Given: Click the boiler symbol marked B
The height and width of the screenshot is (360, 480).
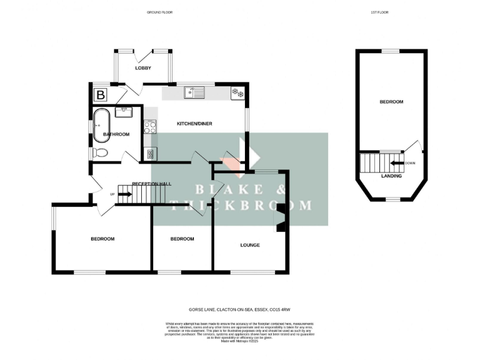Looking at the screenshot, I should tap(100, 95).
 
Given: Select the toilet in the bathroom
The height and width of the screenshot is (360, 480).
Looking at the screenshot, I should tap(100, 152).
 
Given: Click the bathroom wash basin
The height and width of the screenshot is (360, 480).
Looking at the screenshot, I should tap(123, 112).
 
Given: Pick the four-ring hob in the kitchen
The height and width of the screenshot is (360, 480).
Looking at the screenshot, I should tap(150, 127).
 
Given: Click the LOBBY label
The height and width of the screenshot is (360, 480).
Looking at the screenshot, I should tap(142, 68).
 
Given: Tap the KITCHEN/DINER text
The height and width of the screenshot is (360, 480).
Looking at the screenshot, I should tap(194, 124).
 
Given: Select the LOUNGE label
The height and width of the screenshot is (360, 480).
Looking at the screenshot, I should tap(250, 245).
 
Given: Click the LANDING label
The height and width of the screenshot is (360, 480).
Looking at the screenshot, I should tap(391, 176).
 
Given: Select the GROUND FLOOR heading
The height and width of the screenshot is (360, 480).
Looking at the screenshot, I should tap(159, 12).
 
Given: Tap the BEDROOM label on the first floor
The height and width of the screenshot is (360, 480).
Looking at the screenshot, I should tap(391, 102).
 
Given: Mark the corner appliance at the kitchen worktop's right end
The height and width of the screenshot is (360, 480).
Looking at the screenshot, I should tap(237, 93).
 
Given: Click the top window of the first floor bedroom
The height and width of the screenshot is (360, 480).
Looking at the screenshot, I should tap(391, 51).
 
